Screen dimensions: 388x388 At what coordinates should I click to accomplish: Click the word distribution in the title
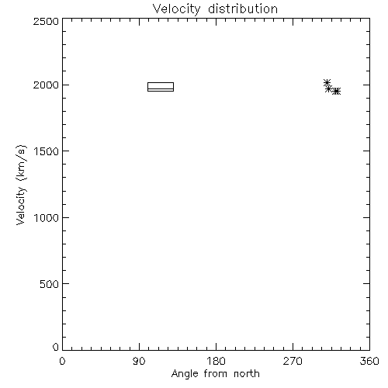(243, 9)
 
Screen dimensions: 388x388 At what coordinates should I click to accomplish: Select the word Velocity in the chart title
(176, 9)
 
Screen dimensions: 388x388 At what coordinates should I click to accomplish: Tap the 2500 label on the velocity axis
(46, 22)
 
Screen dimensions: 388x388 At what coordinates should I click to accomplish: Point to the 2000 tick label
(46, 85)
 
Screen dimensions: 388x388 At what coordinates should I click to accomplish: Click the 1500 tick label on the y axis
(47, 151)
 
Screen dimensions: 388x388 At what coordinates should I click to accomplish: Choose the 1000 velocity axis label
(47, 218)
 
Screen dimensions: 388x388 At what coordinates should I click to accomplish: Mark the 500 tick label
(50, 284)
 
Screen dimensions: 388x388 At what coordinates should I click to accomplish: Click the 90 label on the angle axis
(139, 361)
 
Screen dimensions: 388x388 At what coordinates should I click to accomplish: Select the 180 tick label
(216, 361)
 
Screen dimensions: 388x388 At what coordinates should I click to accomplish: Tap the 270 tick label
(293, 361)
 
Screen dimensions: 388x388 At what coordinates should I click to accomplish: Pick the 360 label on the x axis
(369, 361)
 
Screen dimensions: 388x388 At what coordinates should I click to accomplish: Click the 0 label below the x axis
(62, 361)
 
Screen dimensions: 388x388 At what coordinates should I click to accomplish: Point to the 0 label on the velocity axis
(56, 347)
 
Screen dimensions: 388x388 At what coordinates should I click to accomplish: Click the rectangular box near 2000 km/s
(161, 82)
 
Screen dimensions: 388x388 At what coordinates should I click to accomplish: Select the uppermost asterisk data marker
(327, 83)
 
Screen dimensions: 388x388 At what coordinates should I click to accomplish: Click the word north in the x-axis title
(247, 374)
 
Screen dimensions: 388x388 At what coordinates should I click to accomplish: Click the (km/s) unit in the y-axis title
(21, 163)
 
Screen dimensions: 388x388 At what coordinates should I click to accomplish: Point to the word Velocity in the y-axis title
(21, 206)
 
